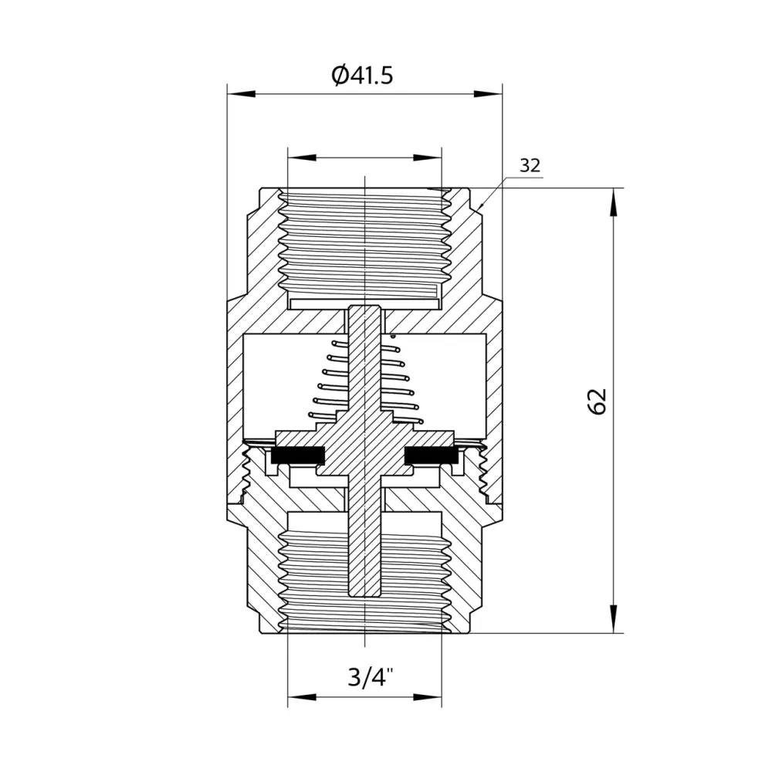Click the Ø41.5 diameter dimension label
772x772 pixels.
pyautogui.click(x=362, y=76)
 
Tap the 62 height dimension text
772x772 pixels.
pyautogui.click(x=597, y=401)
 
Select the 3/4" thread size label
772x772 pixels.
pyautogui.click(x=371, y=678)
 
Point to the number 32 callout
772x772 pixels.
pyautogui.click(x=530, y=165)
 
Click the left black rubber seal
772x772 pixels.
pyautogui.click(x=298, y=455)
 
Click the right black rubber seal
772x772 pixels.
pyautogui.click(x=432, y=455)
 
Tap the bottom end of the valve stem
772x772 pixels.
pyautogui.click(x=364, y=596)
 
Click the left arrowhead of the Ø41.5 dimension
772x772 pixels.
pyautogui.click(x=241, y=93)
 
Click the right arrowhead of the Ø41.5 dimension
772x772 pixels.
pyautogui.click(x=488, y=93)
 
